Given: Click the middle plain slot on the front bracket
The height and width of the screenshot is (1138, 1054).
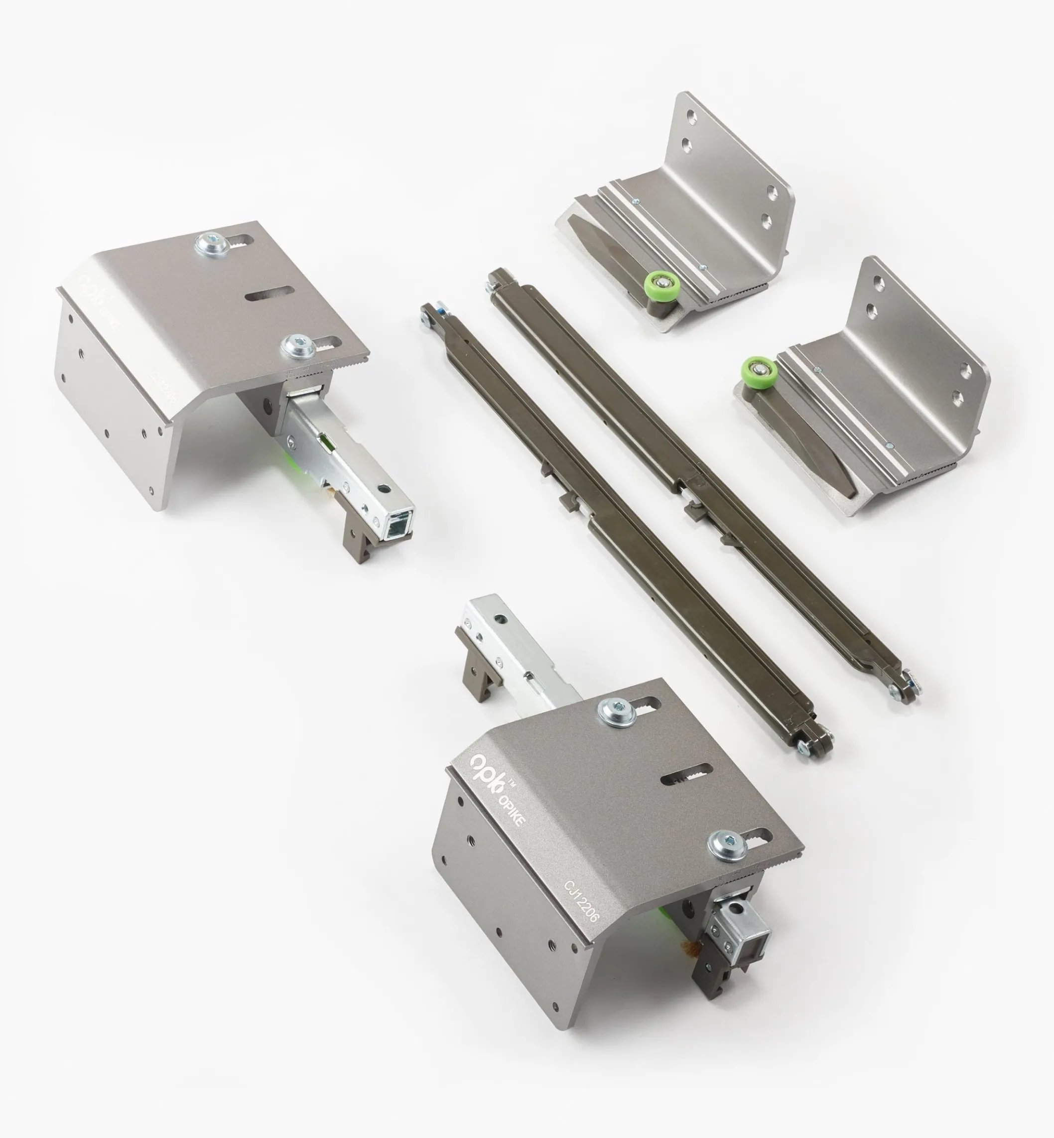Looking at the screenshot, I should [687, 775].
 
